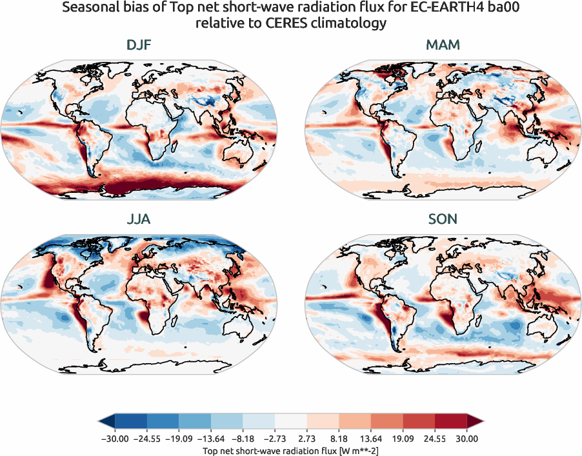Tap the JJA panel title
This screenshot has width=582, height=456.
tap(139, 219)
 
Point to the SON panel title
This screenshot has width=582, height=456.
tap(443, 219)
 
